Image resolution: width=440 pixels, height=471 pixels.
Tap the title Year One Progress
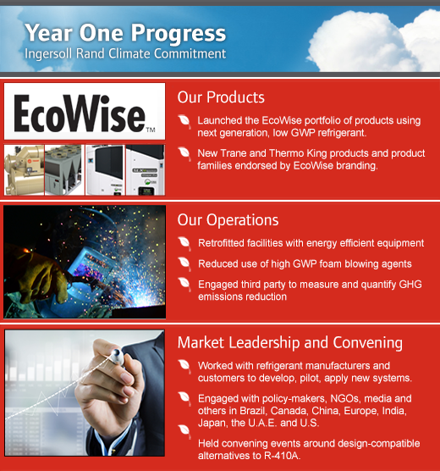[x=125, y=33]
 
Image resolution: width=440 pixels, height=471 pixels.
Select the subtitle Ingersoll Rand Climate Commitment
[x=125, y=53]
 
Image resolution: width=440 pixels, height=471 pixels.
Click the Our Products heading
[x=221, y=97]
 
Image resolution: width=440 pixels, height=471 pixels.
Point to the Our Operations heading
[x=228, y=220]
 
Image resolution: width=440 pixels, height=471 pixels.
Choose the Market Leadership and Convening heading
[x=290, y=343]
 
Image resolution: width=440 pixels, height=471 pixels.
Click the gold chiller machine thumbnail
[x=24, y=170]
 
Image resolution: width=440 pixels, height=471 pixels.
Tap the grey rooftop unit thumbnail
[x=64, y=170]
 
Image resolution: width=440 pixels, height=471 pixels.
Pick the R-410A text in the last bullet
[x=282, y=456]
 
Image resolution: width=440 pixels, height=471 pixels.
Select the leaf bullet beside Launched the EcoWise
[x=184, y=121]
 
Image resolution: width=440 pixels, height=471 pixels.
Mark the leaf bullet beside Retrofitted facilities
[x=184, y=243]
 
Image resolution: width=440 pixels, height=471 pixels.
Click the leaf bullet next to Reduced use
[x=184, y=263]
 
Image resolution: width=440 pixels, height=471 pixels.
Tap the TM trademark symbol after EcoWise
[x=151, y=130]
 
